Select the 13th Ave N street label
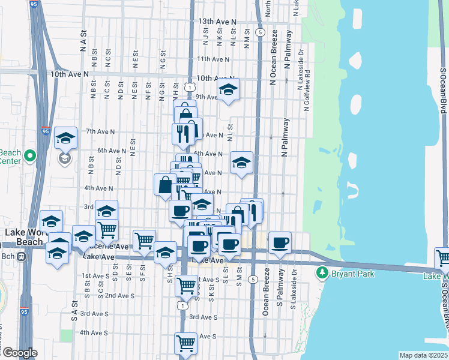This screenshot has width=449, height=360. (217, 22)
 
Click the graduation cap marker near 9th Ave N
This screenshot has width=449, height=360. (228, 90)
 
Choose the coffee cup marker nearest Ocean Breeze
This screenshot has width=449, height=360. (280, 243)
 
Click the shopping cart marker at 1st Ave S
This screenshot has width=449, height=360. (187, 286)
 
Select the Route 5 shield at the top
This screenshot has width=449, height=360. (260, 31)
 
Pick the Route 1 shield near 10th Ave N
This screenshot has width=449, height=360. (190, 88)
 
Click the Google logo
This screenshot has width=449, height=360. (20, 353)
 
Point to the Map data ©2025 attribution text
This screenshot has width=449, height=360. (424, 355)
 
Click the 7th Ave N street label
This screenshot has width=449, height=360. (100, 131)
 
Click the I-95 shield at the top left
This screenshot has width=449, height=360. (31, 5)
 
